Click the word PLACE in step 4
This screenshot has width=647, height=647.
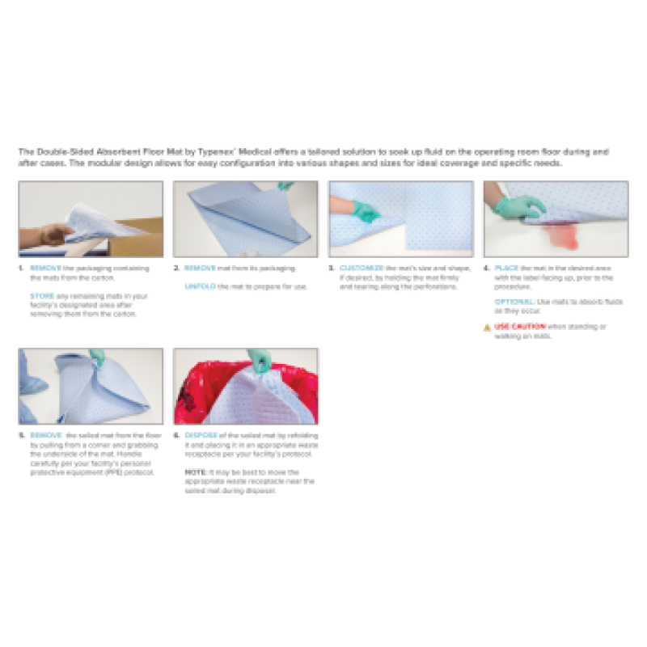point(506,267)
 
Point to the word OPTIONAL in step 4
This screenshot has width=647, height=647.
point(513,300)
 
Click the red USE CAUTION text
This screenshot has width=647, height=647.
point(518,327)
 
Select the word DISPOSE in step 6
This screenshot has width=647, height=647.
point(201,435)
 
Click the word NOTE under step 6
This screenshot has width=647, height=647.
point(194,472)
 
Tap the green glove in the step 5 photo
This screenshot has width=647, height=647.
point(98,357)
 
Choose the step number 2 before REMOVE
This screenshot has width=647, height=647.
point(176,267)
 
